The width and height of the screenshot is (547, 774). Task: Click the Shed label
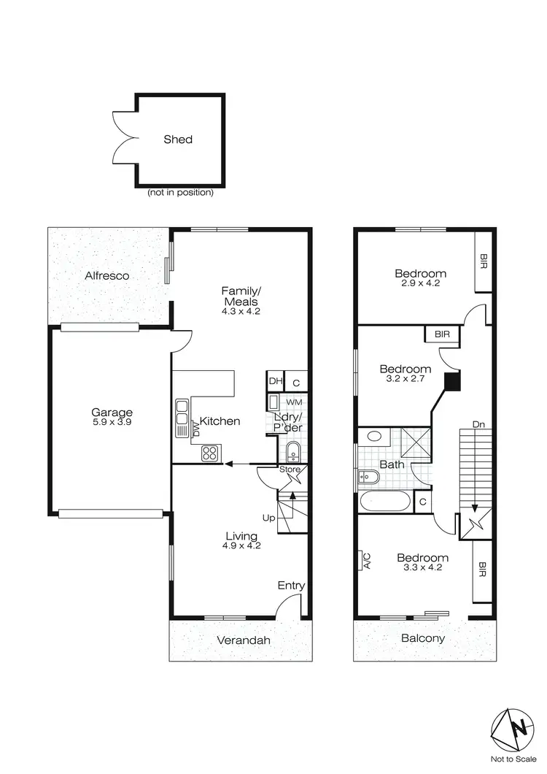pyautogui.click(x=178, y=139)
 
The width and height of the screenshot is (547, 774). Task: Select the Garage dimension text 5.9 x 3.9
pyautogui.click(x=112, y=422)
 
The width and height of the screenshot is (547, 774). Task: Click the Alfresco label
pyautogui.click(x=107, y=275)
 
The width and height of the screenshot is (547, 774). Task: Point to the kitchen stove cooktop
pyautogui.click(x=211, y=453)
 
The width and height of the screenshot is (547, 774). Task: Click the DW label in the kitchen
pyautogui.click(x=196, y=429)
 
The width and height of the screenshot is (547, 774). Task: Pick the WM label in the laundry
pyautogui.click(x=293, y=402)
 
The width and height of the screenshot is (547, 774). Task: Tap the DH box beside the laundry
pyautogui.click(x=275, y=381)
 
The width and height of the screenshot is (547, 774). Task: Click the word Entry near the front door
pyautogui.click(x=291, y=586)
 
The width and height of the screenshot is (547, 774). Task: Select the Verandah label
pyautogui.click(x=244, y=640)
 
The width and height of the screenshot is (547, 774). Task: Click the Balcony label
pyautogui.click(x=424, y=637)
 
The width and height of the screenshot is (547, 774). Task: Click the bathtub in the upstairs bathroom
pyautogui.click(x=386, y=502)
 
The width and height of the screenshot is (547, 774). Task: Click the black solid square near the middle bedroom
pyautogui.click(x=452, y=381)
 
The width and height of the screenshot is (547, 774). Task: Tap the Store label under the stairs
pyautogui.click(x=290, y=470)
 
